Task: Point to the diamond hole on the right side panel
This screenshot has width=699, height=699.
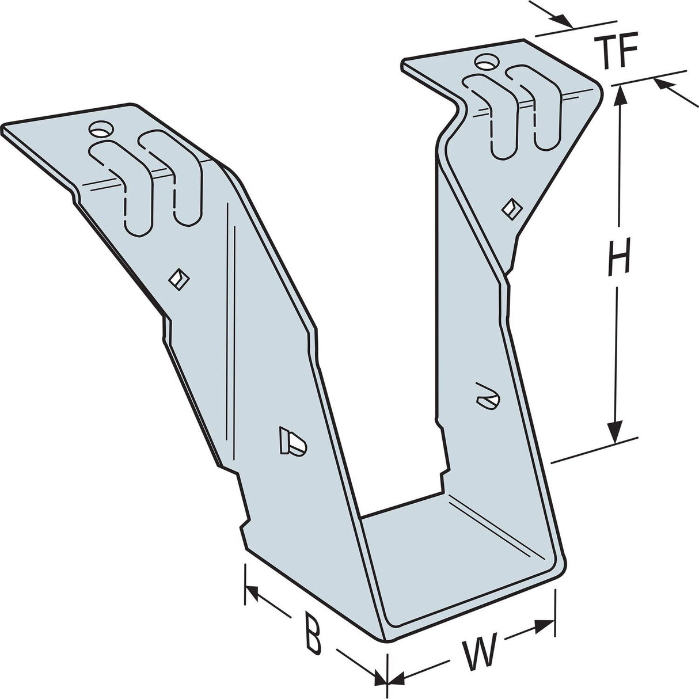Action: tap(509, 207)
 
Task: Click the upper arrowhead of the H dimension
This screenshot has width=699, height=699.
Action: tap(620, 95)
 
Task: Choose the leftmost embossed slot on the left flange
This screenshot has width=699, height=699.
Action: tap(124, 184)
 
